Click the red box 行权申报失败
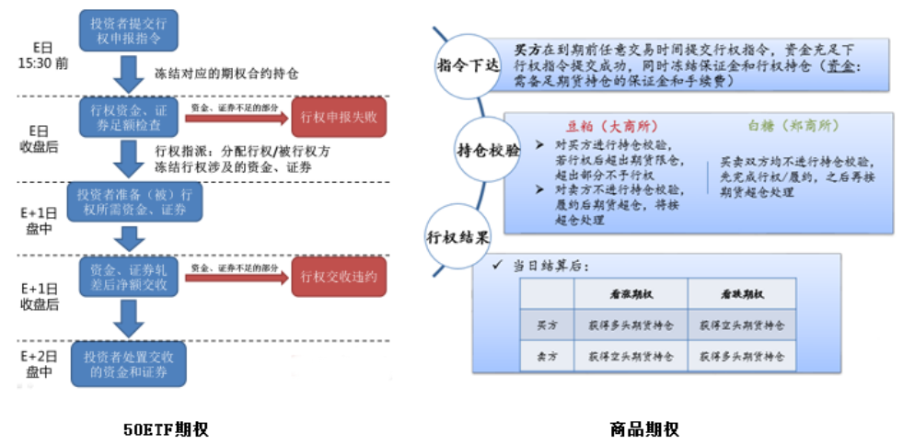338,116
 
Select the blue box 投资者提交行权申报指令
128,30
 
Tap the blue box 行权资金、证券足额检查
128,117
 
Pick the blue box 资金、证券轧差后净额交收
128,276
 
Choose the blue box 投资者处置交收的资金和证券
128,364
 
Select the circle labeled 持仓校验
487,149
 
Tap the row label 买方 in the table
547,325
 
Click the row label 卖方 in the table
547,355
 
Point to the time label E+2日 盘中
40,363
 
